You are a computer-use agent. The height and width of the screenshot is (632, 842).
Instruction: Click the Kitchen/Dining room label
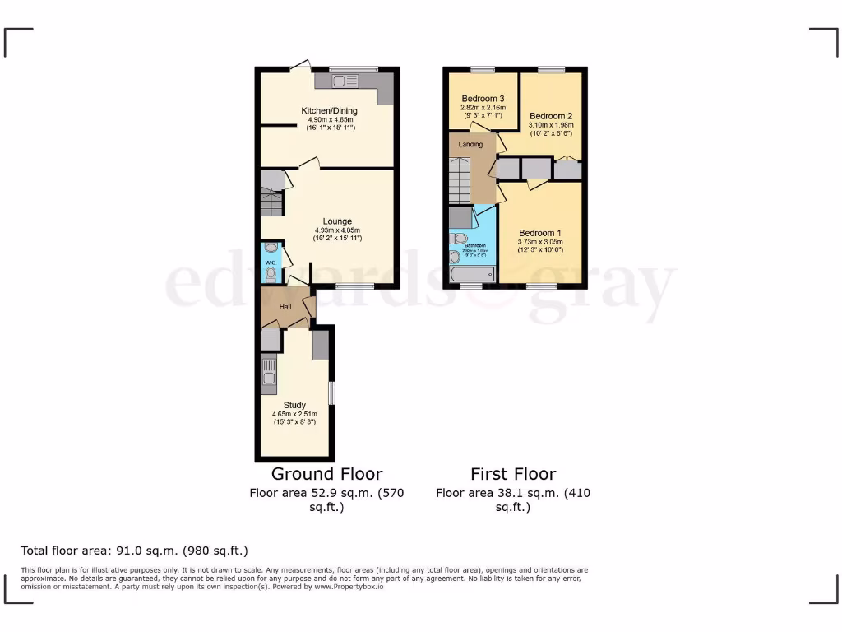(327, 110)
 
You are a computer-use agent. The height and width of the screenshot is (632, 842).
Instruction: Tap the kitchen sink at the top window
(346, 81)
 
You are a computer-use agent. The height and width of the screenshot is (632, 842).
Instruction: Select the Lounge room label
(337, 221)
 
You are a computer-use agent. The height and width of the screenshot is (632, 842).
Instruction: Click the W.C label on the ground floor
(271, 263)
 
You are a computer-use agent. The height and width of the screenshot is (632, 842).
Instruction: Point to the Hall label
(285, 307)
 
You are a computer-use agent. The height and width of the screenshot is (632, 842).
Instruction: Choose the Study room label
(294, 405)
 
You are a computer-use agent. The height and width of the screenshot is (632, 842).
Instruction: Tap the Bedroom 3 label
(483, 99)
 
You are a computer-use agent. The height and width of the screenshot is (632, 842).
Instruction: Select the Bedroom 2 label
(550, 116)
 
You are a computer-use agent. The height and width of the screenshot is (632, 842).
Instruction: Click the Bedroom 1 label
(540, 233)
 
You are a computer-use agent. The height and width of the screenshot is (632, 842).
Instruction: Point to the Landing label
(470, 144)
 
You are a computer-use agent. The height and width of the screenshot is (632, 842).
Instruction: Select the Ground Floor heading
(326, 474)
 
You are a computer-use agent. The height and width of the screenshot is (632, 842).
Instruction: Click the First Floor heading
(513, 474)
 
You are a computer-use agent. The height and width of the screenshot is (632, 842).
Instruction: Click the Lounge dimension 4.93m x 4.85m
(337, 230)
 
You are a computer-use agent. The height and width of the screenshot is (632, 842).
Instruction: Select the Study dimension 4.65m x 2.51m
(294, 414)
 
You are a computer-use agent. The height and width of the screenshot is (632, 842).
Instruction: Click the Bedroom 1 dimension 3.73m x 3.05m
(540, 242)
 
